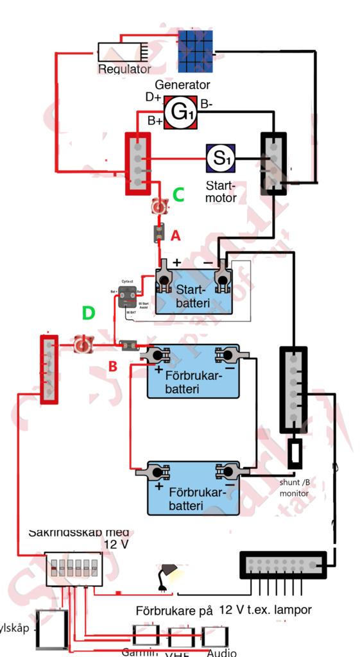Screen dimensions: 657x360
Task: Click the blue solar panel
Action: (x=195, y=51)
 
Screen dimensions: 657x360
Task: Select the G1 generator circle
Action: (x=180, y=113)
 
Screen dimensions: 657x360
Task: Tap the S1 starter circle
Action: (x=220, y=158)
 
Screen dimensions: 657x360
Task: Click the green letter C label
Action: (x=179, y=194)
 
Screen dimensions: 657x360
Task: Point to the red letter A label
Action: (x=175, y=236)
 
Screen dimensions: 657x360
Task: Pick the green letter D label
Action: (x=89, y=314)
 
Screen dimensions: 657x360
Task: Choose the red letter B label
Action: (x=112, y=368)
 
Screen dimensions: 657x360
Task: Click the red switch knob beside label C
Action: (x=159, y=207)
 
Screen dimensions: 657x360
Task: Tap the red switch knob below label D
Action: (x=81, y=345)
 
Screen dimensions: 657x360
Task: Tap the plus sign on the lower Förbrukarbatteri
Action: (x=159, y=487)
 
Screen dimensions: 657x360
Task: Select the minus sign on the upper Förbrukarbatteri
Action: (x=230, y=369)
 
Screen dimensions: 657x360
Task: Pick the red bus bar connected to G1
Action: (x=138, y=164)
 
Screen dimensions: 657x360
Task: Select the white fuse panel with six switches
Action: (x=74, y=568)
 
